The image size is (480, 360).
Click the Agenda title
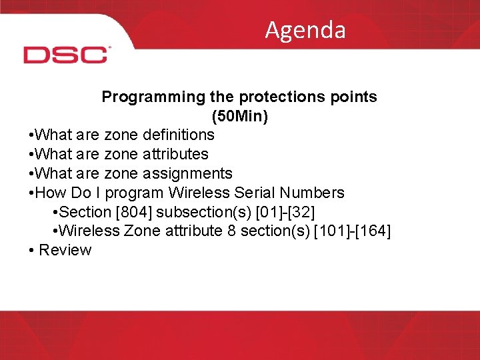click(305, 30)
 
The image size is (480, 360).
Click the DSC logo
click(66, 55)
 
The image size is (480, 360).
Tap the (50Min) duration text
click(239, 116)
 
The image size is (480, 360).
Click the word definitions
click(178, 135)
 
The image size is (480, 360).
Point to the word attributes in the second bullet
click(175, 154)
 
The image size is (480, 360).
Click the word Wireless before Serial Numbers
click(197, 193)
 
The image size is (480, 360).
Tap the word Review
click(65, 251)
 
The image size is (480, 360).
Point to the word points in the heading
click(354, 97)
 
